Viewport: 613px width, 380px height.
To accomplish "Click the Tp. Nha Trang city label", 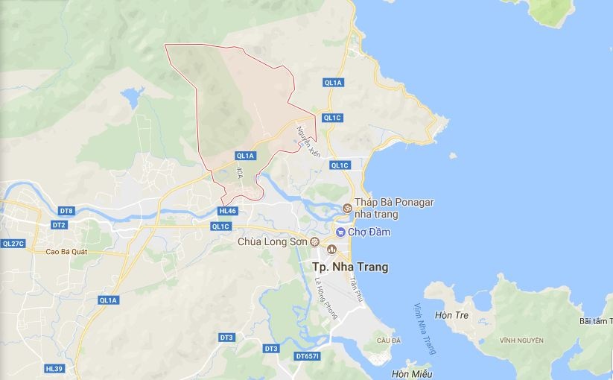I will coord(349,267).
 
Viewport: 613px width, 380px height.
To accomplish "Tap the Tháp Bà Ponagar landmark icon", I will coord(347,208).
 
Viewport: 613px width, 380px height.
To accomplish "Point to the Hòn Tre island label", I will coord(452,315).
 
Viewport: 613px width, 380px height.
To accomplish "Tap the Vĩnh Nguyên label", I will coord(521,341).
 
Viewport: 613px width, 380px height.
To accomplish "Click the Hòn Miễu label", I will coord(411,374).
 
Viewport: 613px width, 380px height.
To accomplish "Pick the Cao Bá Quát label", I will coord(66,251).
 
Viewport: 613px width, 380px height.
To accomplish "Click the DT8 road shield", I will coord(66,211).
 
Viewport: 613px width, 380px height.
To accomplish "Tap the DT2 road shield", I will coord(60,224).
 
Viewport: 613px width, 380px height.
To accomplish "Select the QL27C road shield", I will coord(13,243).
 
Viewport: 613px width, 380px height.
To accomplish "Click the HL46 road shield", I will coord(228,211).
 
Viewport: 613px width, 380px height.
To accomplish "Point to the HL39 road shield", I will coord(54,368).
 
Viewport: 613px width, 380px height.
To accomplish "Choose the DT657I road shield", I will coord(307,356).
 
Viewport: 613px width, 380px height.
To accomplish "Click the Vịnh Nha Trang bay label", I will coord(425,329).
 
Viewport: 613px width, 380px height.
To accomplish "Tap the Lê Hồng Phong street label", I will coord(326,297).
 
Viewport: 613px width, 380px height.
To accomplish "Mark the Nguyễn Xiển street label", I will coord(308,141).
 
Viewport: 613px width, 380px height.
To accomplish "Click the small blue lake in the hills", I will coord(132,96).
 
